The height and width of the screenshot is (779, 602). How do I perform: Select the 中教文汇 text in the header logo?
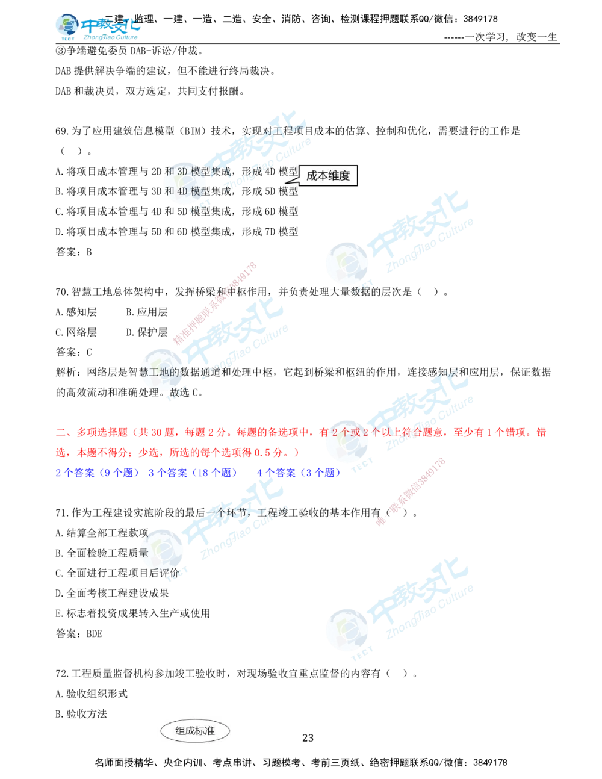click(111, 26)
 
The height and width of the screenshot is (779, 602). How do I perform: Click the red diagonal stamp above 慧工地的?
click(216, 303)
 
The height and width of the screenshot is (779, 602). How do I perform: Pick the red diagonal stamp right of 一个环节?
click(410, 492)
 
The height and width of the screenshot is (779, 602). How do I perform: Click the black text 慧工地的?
click(159, 371)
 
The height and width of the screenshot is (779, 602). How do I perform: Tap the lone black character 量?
click(143, 553)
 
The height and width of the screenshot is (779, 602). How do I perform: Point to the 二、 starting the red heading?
click(60, 433)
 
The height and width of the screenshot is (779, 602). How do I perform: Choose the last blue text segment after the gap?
click(299, 473)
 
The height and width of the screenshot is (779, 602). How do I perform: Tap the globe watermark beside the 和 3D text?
click(187, 184)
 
